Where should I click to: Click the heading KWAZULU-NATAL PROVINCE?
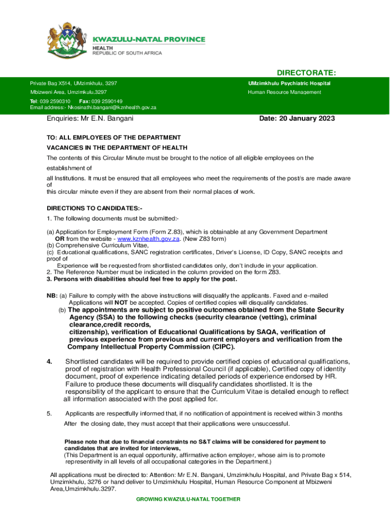(148, 40)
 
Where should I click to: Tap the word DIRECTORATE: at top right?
(306, 73)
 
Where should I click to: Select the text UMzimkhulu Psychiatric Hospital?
(289, 83)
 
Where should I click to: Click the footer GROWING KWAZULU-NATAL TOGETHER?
(188, 499)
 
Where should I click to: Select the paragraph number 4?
(49, 361)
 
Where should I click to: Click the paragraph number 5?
(49, 414)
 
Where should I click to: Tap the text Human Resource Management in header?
(284, 92)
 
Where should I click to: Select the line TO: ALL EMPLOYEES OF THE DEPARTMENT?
(113, 137)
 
